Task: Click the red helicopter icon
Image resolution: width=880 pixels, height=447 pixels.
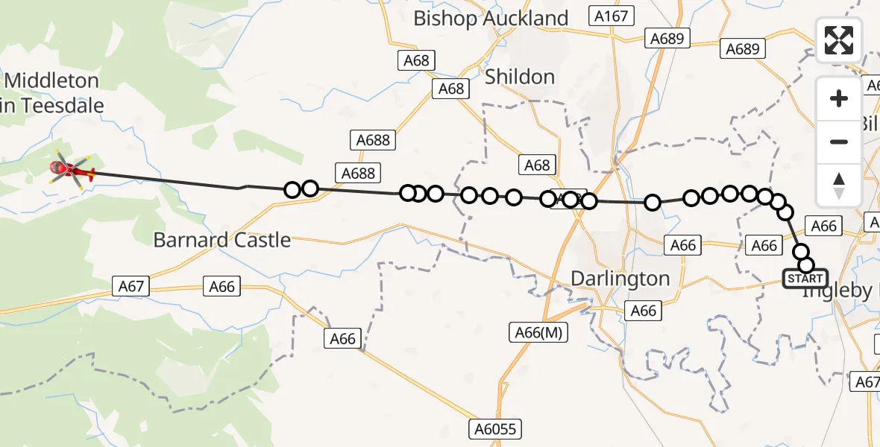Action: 72,172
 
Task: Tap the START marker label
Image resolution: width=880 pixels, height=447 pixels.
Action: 805,279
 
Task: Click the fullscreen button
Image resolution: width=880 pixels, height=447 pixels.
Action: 839,40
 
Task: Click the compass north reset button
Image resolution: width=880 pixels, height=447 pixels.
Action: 839,185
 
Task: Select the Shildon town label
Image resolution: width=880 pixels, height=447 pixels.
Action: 520,77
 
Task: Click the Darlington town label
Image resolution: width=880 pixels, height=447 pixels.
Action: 620,279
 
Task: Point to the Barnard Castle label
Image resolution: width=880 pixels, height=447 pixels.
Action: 221,240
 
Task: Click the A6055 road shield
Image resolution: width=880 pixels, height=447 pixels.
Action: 495,429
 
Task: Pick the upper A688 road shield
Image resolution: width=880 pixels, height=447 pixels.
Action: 371,140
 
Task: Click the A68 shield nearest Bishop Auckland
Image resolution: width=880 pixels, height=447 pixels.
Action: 416,60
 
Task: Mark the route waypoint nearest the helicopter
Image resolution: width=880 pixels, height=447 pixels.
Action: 292,190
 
